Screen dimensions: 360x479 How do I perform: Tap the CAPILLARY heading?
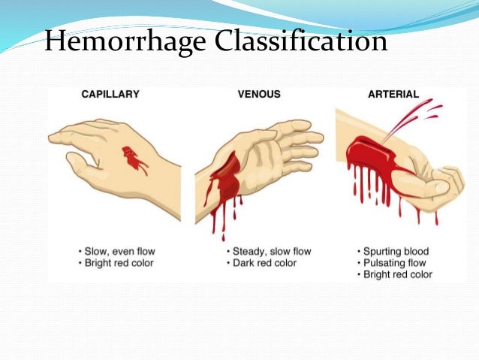110,95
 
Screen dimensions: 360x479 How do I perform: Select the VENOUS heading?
259,95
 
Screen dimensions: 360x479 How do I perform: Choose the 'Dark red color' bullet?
263,262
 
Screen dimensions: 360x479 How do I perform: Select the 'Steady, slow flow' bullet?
270,250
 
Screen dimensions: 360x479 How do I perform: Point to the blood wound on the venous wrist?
224,181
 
